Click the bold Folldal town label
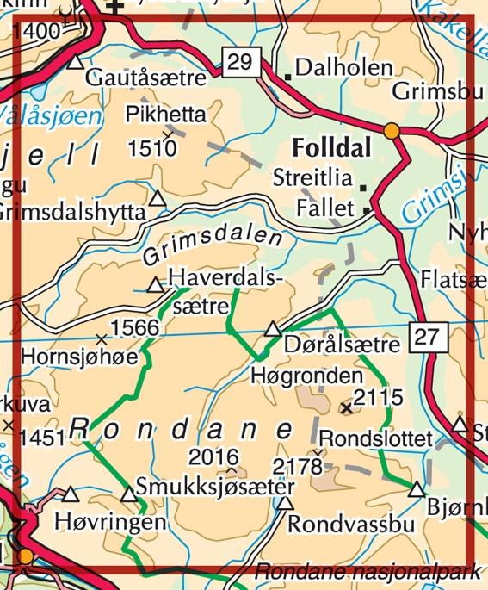pyautogui.click(x=332, y=148)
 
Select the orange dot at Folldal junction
pyautogui.click(x=392, y=131)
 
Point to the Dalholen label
pyautogui.click(x=343, y=68)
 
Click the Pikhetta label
pyautogui.click(x=165, y=114)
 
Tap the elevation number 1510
pyautogui.click(x=152, y=148)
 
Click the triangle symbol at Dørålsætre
pyautogui.click(x=273, y=329)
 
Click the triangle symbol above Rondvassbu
pyautogui.click(x=284, y=504)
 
